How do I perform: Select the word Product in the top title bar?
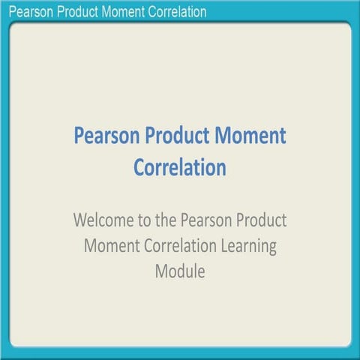click(76, 11)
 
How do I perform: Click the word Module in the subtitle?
click(180, 271)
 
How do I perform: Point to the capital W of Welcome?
click(80, 222)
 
